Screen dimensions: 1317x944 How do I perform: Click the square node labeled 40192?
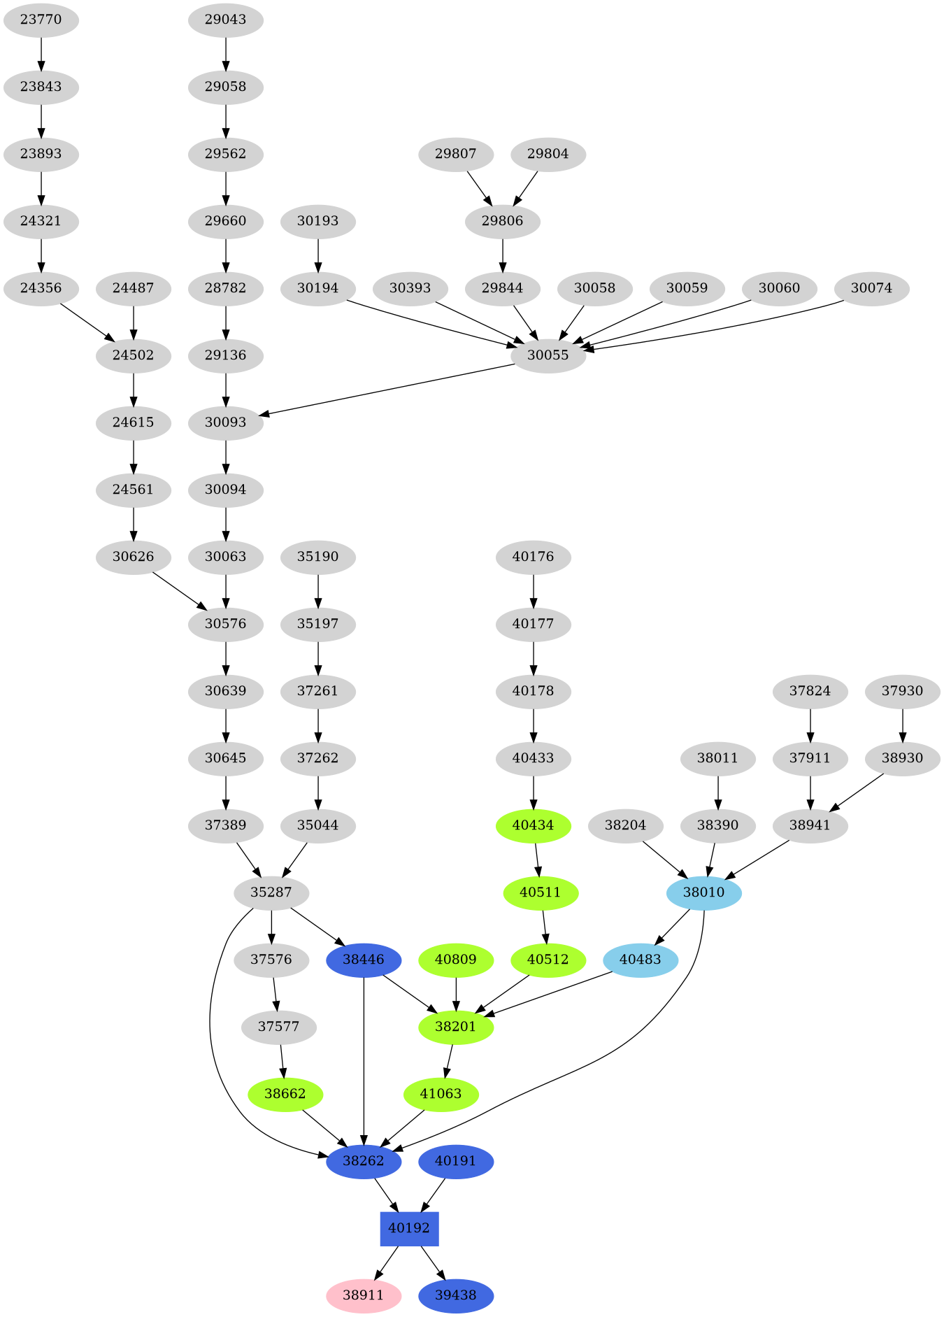point(409,1228)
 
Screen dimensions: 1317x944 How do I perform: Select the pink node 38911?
point(364,1295)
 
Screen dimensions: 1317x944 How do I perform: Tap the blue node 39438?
point(456,1295)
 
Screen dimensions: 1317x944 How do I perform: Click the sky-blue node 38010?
point(704,892)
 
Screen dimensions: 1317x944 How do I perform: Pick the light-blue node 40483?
point(641,960)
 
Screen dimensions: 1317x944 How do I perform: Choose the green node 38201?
point(456,1027)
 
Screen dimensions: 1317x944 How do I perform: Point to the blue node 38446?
point(364,960)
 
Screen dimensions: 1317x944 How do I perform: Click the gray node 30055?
point(548,355)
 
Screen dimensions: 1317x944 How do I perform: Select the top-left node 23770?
point(41,20)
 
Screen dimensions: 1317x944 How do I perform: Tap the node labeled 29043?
point(225,20)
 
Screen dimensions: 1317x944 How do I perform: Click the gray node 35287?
point(271,892)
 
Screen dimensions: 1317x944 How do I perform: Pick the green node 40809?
point(456,960)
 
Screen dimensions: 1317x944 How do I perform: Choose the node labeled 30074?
point(871,288)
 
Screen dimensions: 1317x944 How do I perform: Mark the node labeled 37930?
point(902,691)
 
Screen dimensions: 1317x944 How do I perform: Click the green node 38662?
point(285,1094)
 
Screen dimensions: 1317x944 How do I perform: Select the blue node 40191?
point(456,1161)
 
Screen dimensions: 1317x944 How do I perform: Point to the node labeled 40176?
point(533,557)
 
